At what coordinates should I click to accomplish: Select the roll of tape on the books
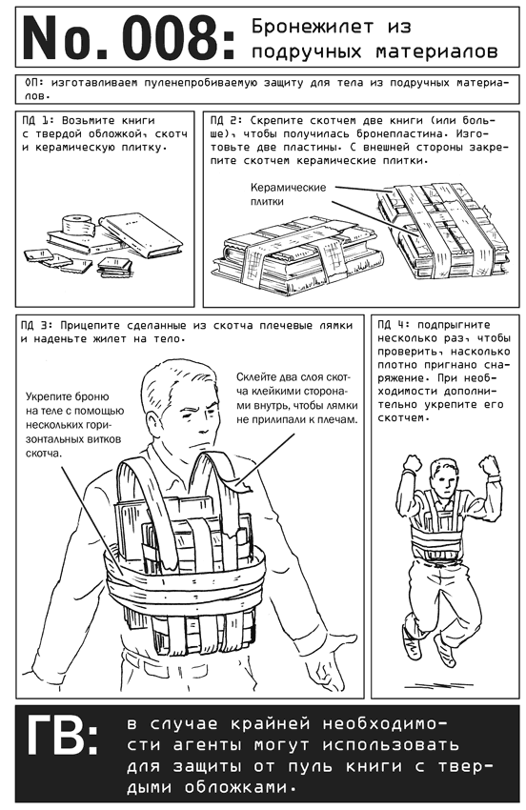[x=76, y=225]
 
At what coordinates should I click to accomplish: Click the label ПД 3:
[x=36, y=326]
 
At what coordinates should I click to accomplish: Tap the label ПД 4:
[x=393, y=326]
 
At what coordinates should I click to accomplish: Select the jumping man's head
[x=444, y=476]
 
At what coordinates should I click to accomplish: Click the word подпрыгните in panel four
[x=454, y=326]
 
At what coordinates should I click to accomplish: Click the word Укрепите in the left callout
[x=47, y=397]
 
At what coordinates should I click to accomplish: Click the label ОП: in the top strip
[x=35, y=83]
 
